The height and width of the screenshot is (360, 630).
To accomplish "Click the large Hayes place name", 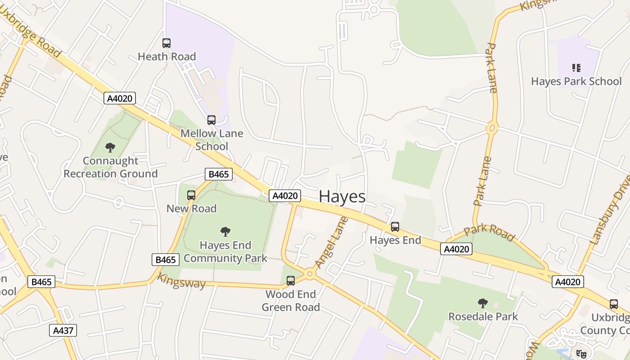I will click(x=342, y=197).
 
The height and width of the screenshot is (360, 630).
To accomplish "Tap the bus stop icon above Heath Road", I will click(x=166, y=43).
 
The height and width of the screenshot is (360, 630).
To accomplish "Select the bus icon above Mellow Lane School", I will click(x=211, y=120).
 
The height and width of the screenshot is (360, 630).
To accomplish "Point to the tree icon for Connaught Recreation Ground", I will click(x=110, y=147).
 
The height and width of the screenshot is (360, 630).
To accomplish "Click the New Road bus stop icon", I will click(x=191, y=195).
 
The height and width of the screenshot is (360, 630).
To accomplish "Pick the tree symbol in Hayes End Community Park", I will click(x=225, y=232).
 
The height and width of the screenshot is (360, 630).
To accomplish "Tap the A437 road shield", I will click(x=63, y=330).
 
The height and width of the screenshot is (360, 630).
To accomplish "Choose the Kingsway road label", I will click(x=181, y=281).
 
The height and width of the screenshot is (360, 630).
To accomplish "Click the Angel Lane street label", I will click(x=332, y=243).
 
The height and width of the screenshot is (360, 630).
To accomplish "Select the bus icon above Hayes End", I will click(x=395, y=227).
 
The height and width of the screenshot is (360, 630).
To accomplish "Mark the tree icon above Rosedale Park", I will click(x=483, y=303).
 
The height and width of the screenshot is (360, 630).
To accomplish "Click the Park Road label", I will click(x=489, y=232).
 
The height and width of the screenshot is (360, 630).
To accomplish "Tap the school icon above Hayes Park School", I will click(x=576, y=68).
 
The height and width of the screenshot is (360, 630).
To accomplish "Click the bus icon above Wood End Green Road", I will click(x=291, y=281).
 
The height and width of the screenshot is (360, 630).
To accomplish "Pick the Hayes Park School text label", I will click(x=576, y=81).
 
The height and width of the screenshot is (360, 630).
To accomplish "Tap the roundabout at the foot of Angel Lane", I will click(x=310, y=274).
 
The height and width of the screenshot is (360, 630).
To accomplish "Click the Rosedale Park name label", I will click(x=483, y=317).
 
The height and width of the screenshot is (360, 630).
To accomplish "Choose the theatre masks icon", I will click(x=581, y=354).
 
